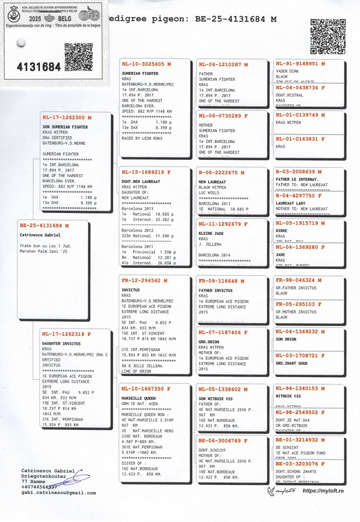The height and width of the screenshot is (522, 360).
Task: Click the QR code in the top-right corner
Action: click(x=328, y=36)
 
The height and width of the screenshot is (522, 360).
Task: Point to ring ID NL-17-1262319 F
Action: click(x=66, y=334)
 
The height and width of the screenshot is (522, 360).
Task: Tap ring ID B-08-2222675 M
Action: click(x=224, y=172)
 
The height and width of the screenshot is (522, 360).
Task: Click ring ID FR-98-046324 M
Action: click(x=300, y=281)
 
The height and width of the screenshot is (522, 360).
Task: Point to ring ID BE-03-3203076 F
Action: click(x=300, y=463)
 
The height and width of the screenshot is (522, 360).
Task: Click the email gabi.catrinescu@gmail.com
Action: click(x=58, y=492)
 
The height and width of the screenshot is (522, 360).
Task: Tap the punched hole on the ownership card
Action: click(x=20, y=43)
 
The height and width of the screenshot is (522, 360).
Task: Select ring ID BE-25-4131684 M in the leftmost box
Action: click(x=44, y=226)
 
